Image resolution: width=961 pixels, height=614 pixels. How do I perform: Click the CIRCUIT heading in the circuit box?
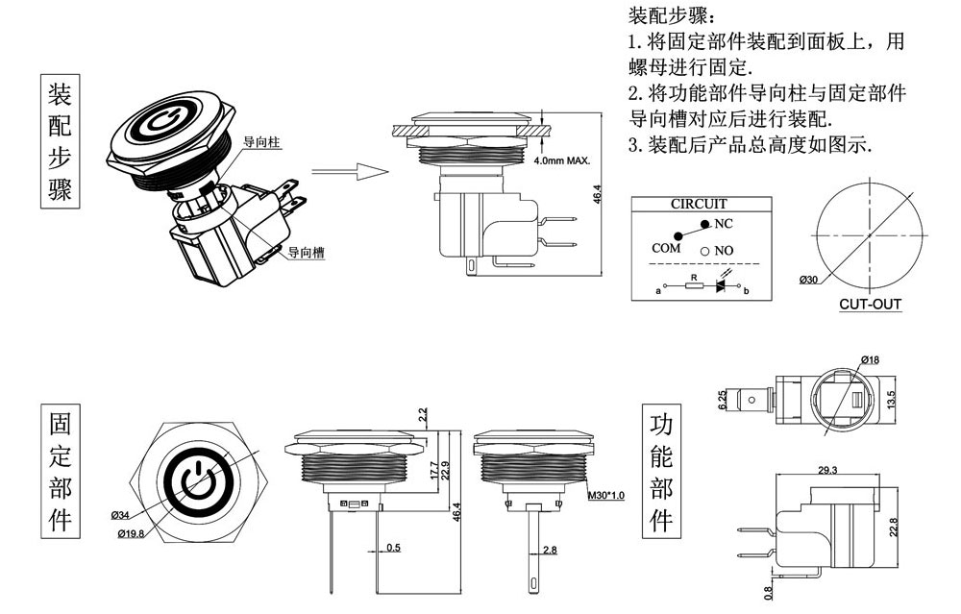pos(698,204)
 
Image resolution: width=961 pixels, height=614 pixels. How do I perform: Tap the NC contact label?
pos(724,224)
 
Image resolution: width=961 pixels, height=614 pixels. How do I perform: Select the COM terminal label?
pos(666,248)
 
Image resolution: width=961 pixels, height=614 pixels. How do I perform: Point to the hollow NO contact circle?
pos(704,251)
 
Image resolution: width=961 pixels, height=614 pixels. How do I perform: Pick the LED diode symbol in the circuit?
pos(720,286)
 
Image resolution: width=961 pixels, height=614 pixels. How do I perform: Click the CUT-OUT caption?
pos(870,305)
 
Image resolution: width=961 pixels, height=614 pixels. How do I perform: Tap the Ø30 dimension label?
pos(807,281)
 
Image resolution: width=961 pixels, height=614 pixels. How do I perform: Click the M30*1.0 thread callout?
pos(605,496)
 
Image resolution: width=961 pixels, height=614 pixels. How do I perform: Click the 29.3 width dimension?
pos(826,470)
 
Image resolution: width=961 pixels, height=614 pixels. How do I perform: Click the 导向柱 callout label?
pos(261,141)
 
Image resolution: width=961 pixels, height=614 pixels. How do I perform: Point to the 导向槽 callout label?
pos(306,253)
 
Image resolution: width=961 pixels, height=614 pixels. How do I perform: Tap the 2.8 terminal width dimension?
pos(550,550)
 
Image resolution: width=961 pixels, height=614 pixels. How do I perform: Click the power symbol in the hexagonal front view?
pos(196,478)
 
